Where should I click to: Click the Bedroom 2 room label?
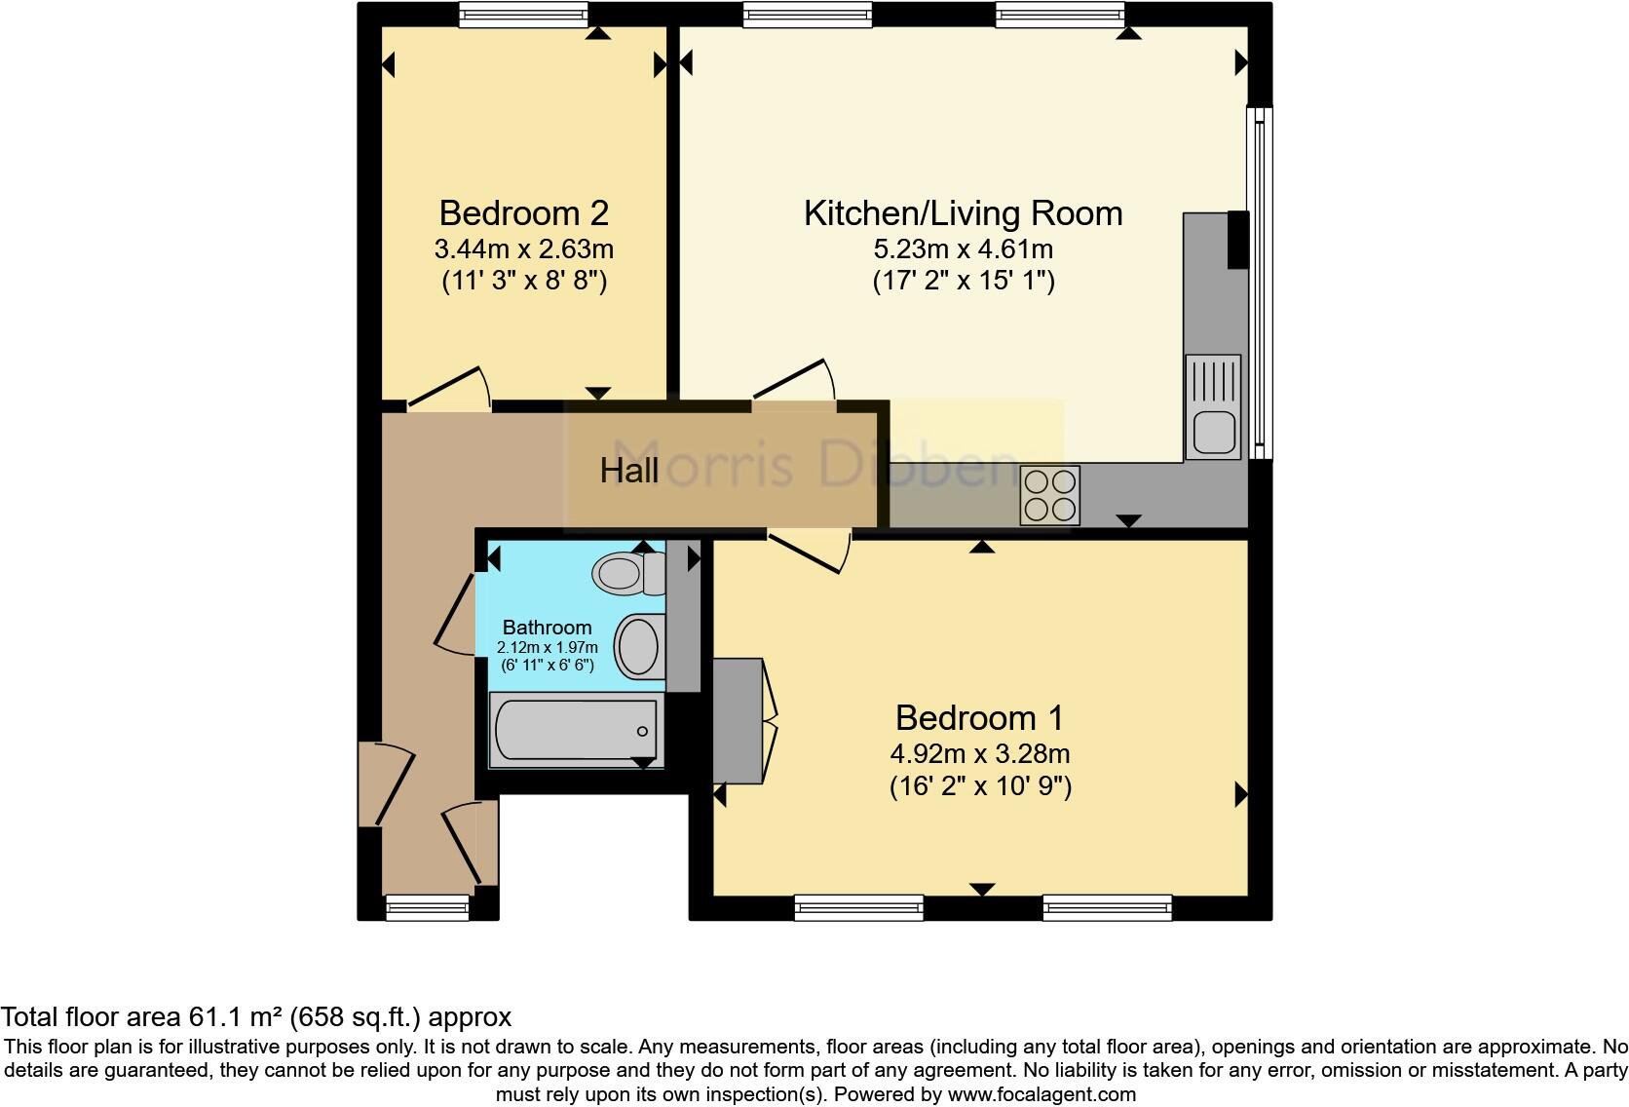(523, 212)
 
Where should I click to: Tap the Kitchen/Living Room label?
(963, 213)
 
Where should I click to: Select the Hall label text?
(629, 472)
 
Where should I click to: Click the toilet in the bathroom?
(628, 573)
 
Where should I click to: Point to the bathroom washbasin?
(639, 646)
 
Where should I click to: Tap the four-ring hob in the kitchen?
(1049, 495)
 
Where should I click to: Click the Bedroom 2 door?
(448, 387)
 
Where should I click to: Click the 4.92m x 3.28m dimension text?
(980, 753)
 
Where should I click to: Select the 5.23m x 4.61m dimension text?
(963, 249)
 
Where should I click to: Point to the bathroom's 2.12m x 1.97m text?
(548, 647)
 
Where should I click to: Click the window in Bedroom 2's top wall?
(523, 14)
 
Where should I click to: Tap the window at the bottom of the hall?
(428, 908)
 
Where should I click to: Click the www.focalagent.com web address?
(1041, 1094)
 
